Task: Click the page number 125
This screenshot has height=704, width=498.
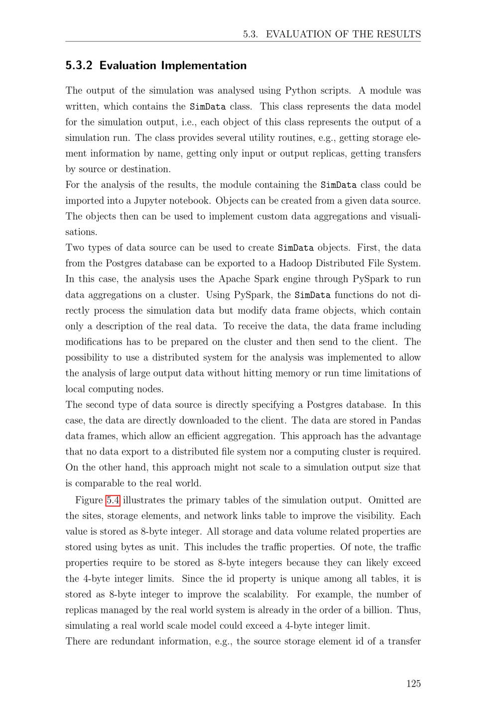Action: (413, 684)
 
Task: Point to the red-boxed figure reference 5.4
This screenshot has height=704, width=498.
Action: (113, 500)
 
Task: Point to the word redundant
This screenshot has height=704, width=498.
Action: (132, 641)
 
